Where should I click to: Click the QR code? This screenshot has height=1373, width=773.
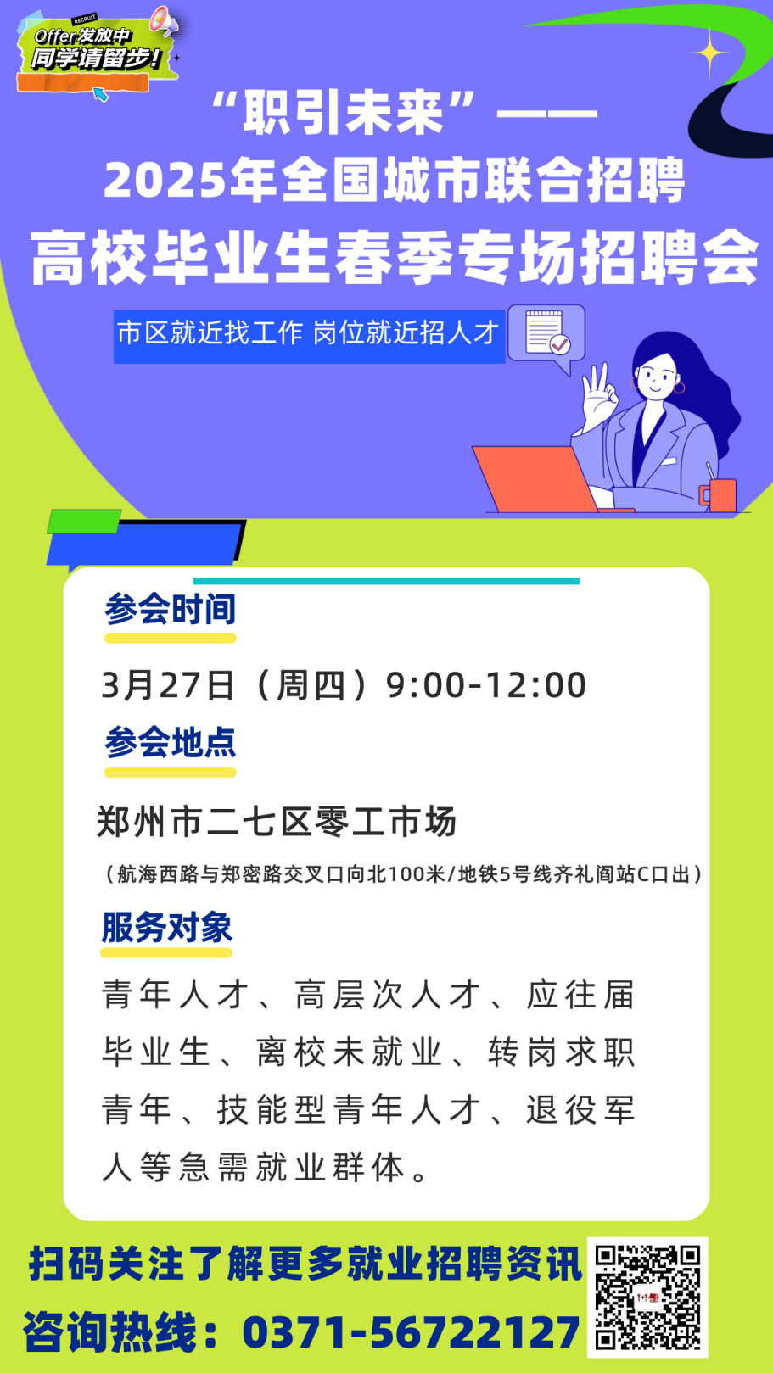[647, 1297]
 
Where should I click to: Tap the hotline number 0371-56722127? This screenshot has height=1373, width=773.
[411, 1332]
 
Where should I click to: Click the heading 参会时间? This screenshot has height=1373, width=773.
[170, 609]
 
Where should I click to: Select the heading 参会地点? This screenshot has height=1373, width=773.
[170, 743]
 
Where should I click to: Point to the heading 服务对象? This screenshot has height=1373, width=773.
[167, 927]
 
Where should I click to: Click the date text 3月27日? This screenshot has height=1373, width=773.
[167, 684]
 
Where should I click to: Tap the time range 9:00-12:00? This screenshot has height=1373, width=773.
[486, 684]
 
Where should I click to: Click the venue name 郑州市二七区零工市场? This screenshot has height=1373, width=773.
[277, 821]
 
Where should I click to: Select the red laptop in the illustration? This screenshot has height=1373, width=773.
[535, 478]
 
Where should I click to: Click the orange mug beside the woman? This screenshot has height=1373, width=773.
[719, 494]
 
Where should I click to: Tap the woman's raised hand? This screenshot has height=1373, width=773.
[598, 394]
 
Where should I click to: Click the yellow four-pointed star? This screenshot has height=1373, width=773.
[710, 53]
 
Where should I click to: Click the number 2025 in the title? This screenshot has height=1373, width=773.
[165, 181]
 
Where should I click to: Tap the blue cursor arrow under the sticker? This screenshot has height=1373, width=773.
[100, 94]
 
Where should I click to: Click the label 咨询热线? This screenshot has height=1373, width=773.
[110, 1332]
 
